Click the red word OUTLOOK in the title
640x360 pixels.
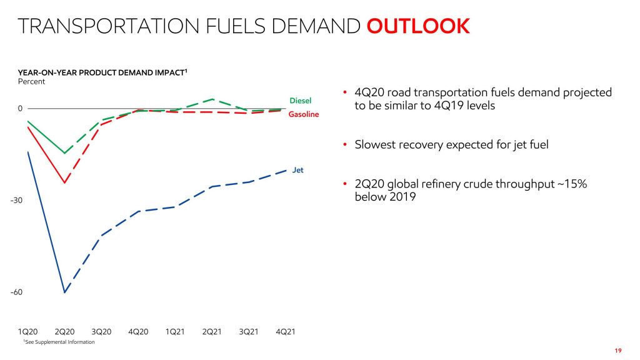[417, 26]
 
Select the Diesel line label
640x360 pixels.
[300, 101]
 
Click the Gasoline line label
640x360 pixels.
[303, 114]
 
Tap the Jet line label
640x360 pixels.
[298, 170]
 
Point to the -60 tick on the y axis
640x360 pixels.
[16, 292]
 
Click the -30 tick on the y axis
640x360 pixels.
[16, 201]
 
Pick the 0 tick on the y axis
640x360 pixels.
[20, 109]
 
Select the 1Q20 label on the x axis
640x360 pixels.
[27, 331]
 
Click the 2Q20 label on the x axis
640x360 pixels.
[64, 331]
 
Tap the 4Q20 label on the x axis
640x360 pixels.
[138, 331]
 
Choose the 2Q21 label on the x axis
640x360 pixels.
[212, 331]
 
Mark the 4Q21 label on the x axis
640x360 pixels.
[285, 331]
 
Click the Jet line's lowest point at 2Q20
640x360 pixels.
[64, 292]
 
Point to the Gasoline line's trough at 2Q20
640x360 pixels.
[64, 183]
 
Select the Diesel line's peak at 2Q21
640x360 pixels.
[212, 99]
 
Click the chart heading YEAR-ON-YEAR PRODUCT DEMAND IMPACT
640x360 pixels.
[102, 73]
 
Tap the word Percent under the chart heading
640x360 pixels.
[31, 82]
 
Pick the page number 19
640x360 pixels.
[618, 350]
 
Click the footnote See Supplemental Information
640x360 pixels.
[59, 342]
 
